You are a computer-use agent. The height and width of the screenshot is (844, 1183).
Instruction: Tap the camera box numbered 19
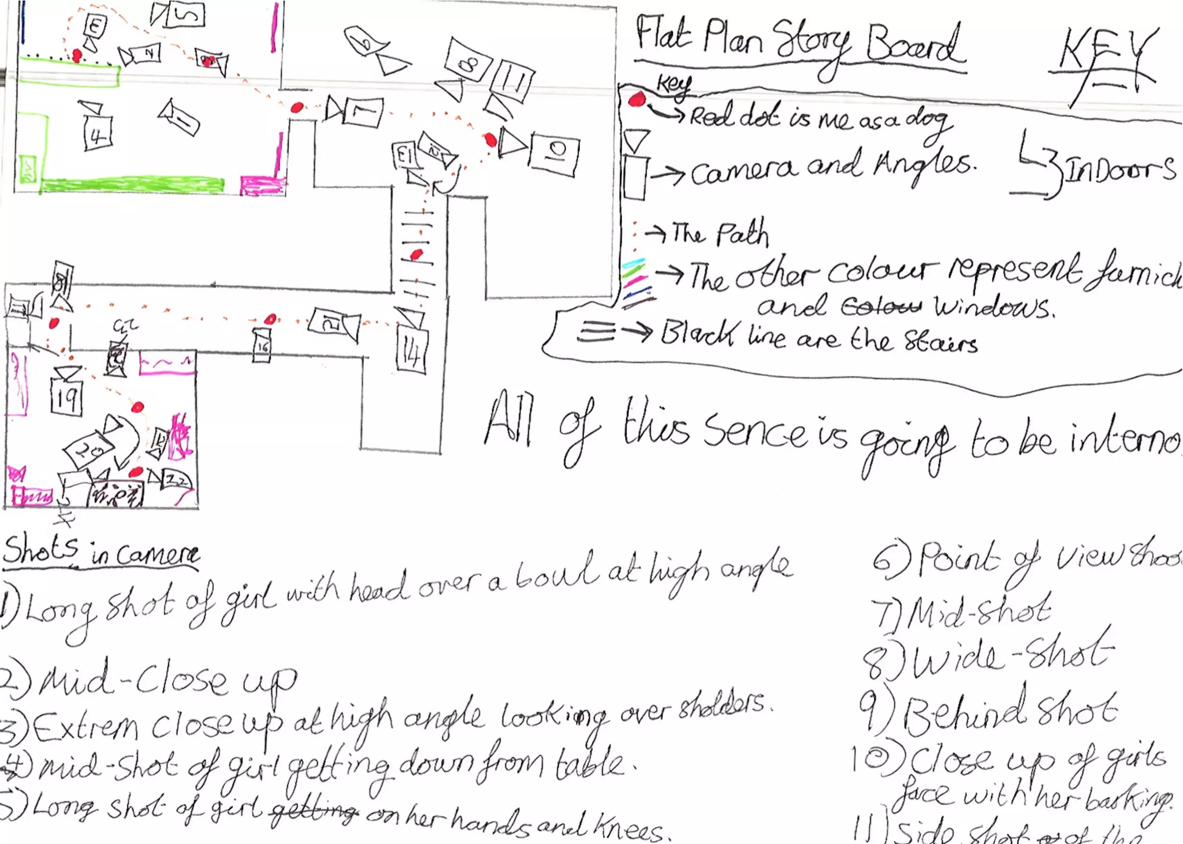pos(66,397)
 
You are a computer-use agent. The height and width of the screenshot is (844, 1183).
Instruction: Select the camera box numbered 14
pos(412,351)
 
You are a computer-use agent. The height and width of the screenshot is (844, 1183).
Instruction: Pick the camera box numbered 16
pos(262,346)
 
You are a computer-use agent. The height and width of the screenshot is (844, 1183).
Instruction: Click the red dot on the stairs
pos(416,255)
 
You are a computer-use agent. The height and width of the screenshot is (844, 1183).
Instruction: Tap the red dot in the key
pos(636,99)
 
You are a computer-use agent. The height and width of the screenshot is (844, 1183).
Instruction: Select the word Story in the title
pos(812,42)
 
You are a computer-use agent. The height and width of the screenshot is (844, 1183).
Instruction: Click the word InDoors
pos(1118,170)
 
